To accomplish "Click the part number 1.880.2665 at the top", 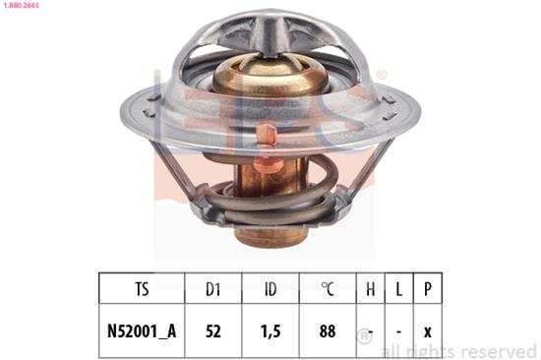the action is tap(21, 5).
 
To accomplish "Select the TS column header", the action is tap(143, 289).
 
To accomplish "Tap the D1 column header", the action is tap(213, 289).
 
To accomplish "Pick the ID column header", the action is tap(270, 289).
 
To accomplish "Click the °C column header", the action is tap(328, 289).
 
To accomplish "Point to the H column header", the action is tap(371, 289).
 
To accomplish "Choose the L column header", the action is tap(398, 289).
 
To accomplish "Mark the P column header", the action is tap(428, 289).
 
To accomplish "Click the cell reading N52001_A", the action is tap(142, 331).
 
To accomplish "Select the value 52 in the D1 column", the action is tap(213, 331).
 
